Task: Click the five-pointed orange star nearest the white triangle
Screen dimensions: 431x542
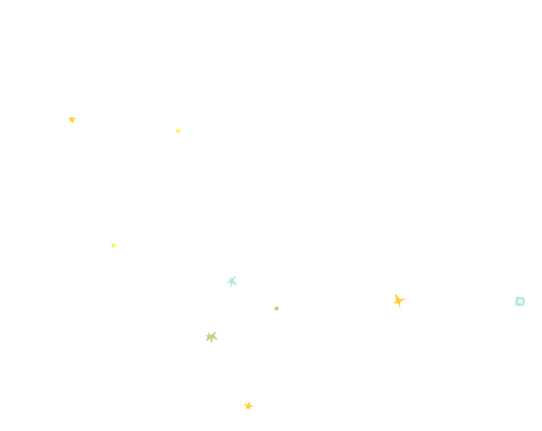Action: pos(72,119)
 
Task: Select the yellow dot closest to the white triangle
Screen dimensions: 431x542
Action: pos(178,131)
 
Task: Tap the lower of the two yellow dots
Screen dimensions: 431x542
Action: pos(113,245)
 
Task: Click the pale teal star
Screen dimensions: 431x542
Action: pos(232,281)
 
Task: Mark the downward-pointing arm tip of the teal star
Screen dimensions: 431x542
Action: pos(231,287)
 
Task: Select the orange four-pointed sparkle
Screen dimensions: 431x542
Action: pos(398,300)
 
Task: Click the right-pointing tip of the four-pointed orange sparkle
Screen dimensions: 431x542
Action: pos(405,299)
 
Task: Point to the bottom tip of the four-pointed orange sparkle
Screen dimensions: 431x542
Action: pos(400,307)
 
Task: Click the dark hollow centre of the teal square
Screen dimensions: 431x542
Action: pos(520,301)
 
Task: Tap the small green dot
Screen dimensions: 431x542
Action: pos(277,308)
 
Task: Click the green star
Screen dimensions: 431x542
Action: pos(211,337)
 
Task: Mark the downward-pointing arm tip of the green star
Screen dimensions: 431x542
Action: pos(211,343)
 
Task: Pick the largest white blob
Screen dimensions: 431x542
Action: pos(318,374)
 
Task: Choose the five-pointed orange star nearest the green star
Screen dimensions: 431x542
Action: pos(248,406)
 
